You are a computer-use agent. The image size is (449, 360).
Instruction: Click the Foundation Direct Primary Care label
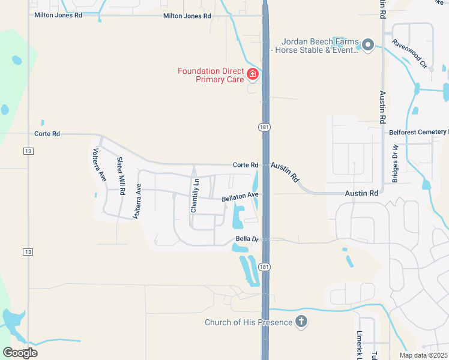pyautogui.click(x=211, y=75)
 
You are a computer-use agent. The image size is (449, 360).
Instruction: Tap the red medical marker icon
pyautogui.click(x=253, y=74)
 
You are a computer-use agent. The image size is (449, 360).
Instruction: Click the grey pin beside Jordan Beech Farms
pyautogui.click(x=368, y=44)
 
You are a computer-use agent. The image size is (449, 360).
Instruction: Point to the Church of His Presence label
pyautogui.click(x=248, y=322)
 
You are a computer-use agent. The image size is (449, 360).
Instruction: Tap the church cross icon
pyautogui.click(x=301, y=322)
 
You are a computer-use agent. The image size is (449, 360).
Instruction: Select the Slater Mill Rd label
pyautogui.click(x=121, y=176)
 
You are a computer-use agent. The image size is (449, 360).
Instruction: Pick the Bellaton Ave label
pyautogui.click(x=240, y=196)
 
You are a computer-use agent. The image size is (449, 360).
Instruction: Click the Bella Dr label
pyautogui.click(x=247, y=239)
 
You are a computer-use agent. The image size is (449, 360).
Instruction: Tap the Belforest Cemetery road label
pyautogui.click(x=418, y=132)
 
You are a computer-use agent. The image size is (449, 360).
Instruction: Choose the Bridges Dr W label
pyautogui.click(x=396, y=163)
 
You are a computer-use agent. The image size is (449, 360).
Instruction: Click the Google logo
pyautogui.click(x=20, y=353)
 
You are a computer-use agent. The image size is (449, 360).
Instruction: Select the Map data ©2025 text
pyautogui.click(x=423, y=355)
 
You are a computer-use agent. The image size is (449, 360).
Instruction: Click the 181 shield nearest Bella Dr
pyautogui.click(x=265, y=266)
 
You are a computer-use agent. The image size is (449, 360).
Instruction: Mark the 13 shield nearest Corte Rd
pyautogui.click(x=28, y=151)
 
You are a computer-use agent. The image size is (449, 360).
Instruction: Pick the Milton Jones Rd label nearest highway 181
pyautogui.click(x=187, y=16)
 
